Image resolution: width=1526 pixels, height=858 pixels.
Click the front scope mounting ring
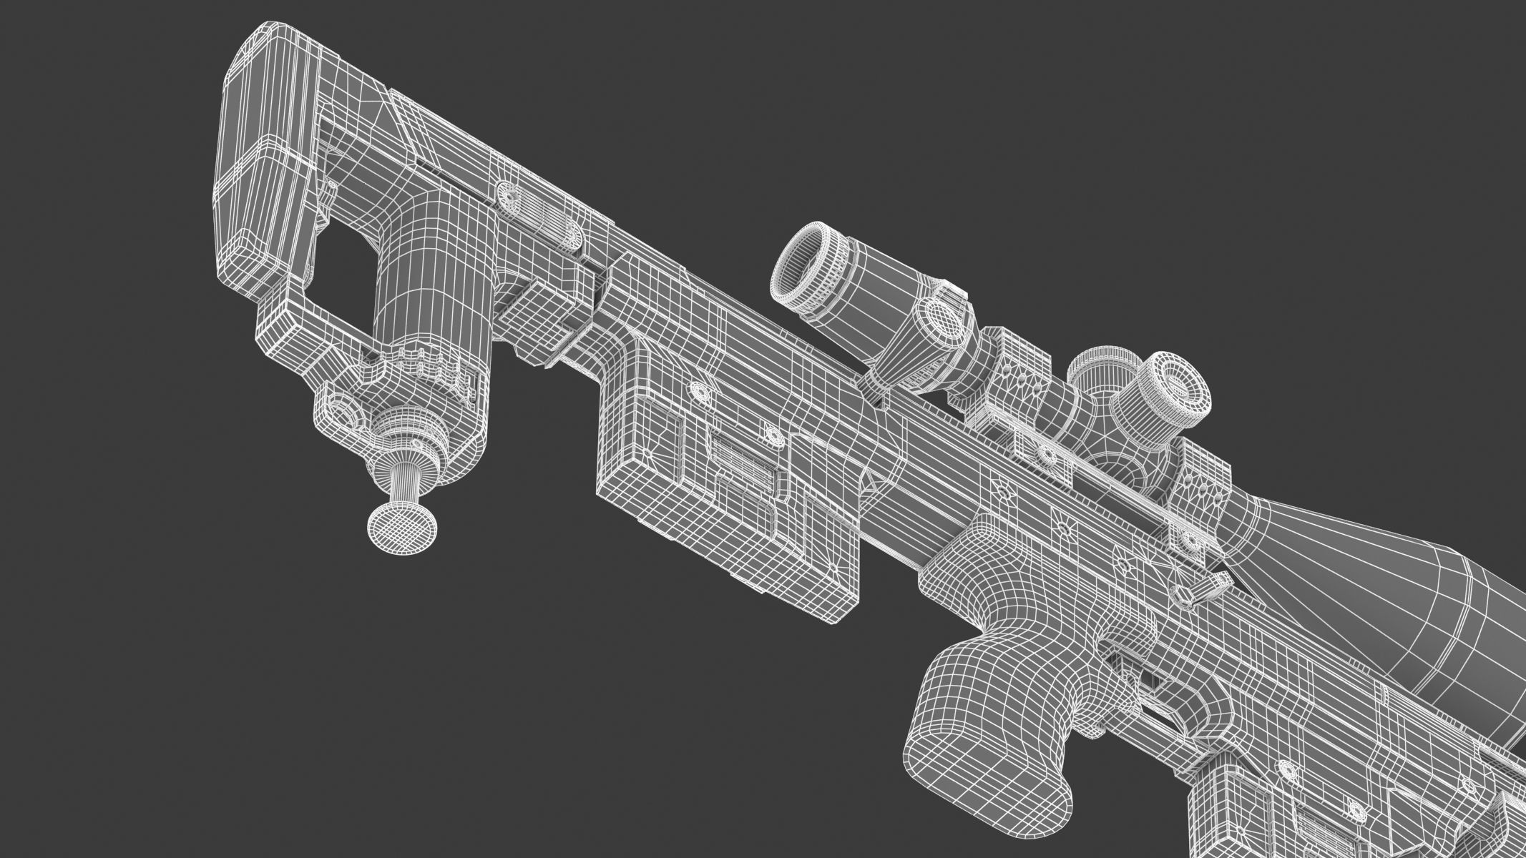(x=1191, y=500)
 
